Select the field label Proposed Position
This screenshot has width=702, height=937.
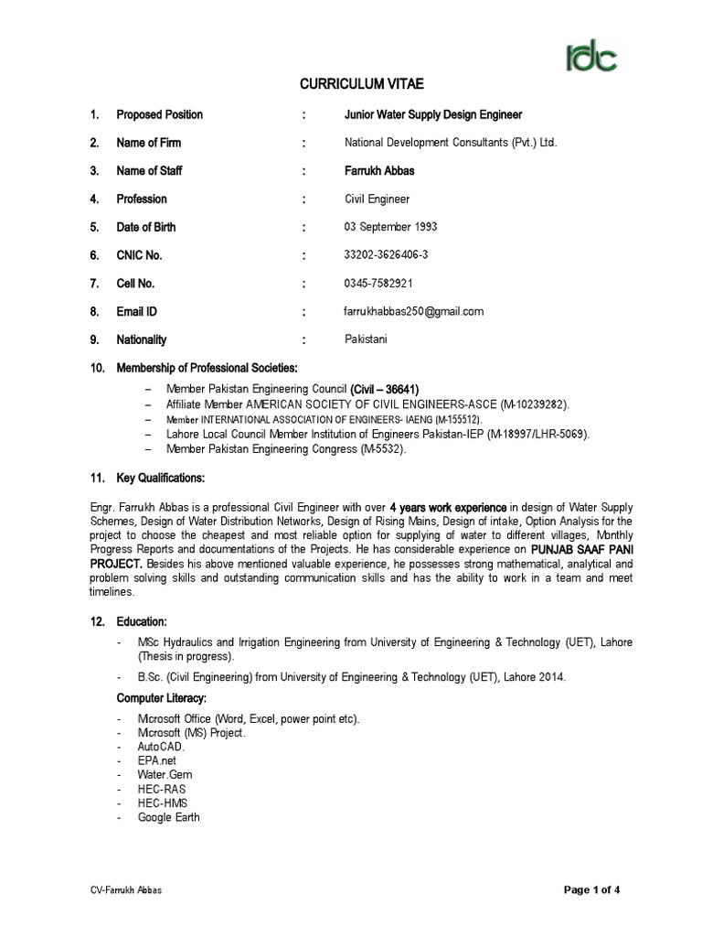(160, 115)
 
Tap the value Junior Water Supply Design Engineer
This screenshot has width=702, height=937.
(433, 115)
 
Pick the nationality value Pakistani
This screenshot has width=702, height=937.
(366, 339)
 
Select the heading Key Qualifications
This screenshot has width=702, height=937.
(161, 479)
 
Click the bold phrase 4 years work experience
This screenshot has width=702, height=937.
(448, 507)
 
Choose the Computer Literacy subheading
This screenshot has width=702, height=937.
(163, 698)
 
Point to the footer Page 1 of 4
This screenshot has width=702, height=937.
(593, 890)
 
